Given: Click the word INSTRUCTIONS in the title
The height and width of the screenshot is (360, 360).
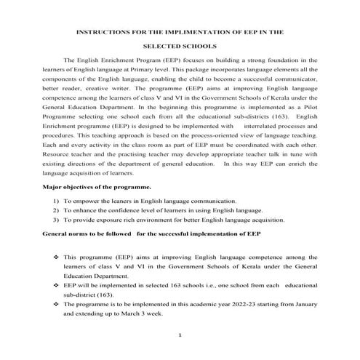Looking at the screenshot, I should (101, 33).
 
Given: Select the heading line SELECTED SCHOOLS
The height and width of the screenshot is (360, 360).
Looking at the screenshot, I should (179, 45).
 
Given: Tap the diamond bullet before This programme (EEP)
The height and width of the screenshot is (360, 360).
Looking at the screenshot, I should (56, 257).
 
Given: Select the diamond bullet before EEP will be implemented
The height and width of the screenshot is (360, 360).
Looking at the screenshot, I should (56, 286).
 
